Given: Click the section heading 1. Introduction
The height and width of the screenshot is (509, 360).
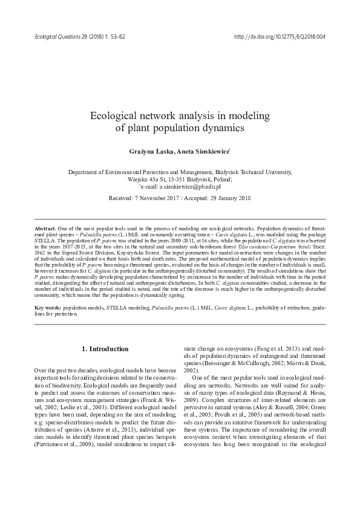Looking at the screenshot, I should [105, 349].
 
